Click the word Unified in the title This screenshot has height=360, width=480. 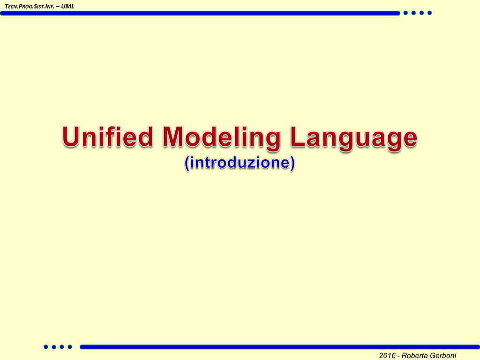[107, 136]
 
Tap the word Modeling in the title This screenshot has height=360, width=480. [221, 138]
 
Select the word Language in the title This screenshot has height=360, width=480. [353, 138]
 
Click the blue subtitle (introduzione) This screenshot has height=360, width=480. [240, 163]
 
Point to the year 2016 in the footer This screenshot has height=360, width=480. [387, 355]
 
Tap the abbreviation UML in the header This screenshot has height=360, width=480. [67, 6]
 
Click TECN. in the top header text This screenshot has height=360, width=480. [11, 6]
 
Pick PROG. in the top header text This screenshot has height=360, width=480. [26, 6]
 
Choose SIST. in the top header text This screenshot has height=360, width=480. [39, 6]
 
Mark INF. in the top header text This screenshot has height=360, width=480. [50, 6]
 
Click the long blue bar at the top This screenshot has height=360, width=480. [200, 13]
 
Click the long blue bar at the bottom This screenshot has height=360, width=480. [280, 347]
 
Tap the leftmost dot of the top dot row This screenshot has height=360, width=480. [405, 13]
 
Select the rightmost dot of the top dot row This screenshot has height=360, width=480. [429, 13]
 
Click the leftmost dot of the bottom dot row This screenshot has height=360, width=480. [46, 347]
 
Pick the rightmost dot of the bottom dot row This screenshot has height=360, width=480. [70, 347]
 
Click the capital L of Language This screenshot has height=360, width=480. [297, 136]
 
